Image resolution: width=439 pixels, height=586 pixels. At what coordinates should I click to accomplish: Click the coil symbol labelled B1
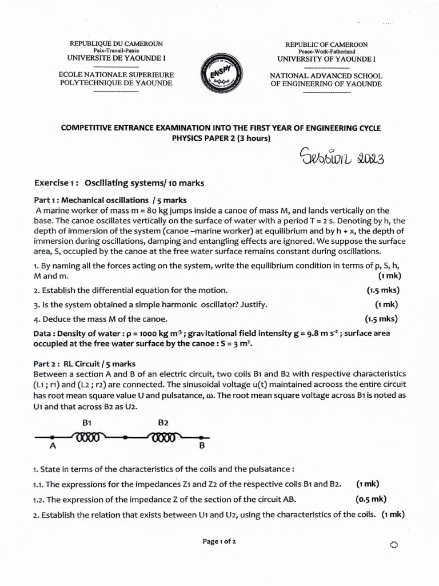point(87,438)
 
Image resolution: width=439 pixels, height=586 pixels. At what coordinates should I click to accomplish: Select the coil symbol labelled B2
point(163,438)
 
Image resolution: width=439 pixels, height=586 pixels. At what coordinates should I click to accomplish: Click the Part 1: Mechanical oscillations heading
point(110,200)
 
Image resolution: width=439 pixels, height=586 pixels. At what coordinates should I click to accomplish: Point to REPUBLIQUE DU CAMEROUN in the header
point(116,43)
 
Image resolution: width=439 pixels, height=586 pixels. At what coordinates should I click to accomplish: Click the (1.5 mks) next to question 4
point(381,319)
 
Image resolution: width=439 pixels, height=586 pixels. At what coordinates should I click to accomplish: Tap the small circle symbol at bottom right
point(393,545)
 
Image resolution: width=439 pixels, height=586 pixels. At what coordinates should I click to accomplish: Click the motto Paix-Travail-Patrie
point(116,50)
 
